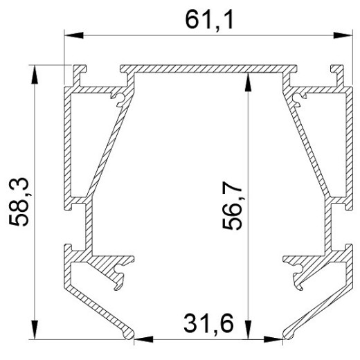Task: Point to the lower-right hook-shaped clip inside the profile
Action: [294, 270]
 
